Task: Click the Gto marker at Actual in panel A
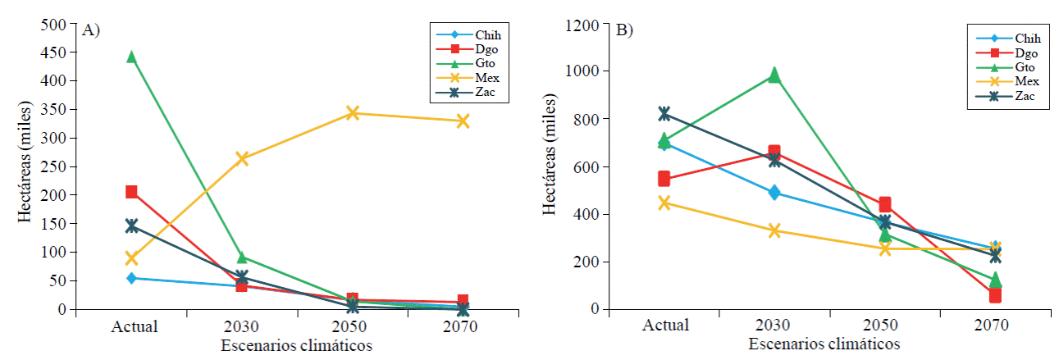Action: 131,57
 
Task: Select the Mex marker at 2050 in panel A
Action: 352,112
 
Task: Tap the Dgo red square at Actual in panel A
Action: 131,192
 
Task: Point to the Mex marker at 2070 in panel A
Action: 463,121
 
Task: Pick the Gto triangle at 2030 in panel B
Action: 774,75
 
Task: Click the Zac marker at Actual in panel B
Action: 664,113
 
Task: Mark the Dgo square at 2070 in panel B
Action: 994,295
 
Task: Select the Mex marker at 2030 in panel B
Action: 774,230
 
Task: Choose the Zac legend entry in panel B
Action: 1026,96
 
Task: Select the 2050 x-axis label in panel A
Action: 352,326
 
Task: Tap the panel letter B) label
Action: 625,30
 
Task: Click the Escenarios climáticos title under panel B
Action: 828,343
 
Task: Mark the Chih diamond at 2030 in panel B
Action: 774,193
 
